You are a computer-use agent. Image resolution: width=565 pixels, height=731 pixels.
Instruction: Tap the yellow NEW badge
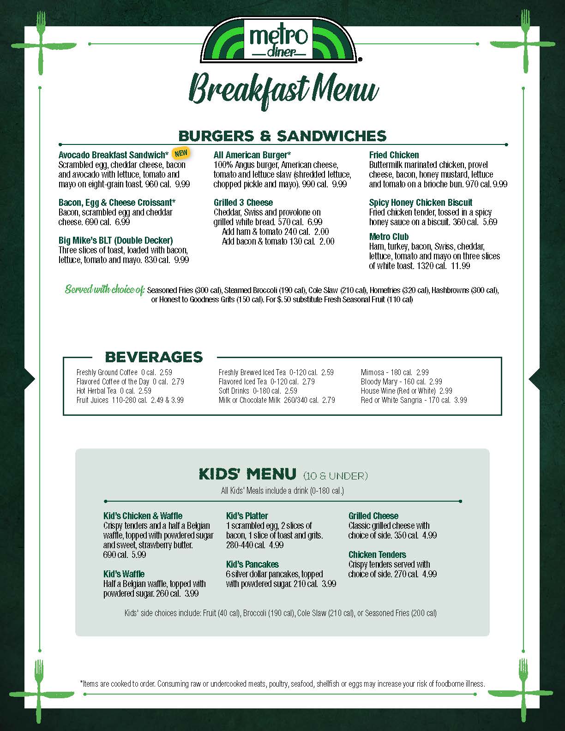click(x=181, y=153)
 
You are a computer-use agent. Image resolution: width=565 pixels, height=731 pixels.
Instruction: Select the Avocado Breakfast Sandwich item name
click(x=114, y=155)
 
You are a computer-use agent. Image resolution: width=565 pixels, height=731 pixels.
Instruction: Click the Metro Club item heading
click(x=389, y=237)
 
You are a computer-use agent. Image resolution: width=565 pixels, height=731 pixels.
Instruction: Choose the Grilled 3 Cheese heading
click(x=243, y=203)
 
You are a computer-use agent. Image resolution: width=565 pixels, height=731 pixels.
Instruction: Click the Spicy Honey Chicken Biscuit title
click(x=421, y=203)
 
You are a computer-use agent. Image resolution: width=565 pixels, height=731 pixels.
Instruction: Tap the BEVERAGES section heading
click(x=154, y=357)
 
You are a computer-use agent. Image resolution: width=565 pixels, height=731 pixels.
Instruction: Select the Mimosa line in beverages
click(x=395, y=372)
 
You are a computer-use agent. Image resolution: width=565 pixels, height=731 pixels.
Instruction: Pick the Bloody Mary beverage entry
click(x=401, y=382)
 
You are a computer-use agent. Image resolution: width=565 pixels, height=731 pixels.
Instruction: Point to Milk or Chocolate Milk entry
click(x=276, y=400)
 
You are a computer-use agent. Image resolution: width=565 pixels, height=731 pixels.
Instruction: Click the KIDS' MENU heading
click(x=247, y=474)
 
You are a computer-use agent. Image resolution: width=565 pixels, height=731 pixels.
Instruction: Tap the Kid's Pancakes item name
click(x=252, y=564)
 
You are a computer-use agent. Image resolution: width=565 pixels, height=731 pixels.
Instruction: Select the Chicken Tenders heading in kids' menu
click(x=377, y=555)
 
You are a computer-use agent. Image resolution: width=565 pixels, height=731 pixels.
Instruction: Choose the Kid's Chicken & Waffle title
click(x=143, y=516)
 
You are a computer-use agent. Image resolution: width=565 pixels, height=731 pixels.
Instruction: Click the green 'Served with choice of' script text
click(x=105, y=290)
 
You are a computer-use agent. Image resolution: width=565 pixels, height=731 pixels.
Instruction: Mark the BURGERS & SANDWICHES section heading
click(x=282, y=136)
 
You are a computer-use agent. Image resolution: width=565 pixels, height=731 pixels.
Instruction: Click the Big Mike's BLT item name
click(x=115, y=240)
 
